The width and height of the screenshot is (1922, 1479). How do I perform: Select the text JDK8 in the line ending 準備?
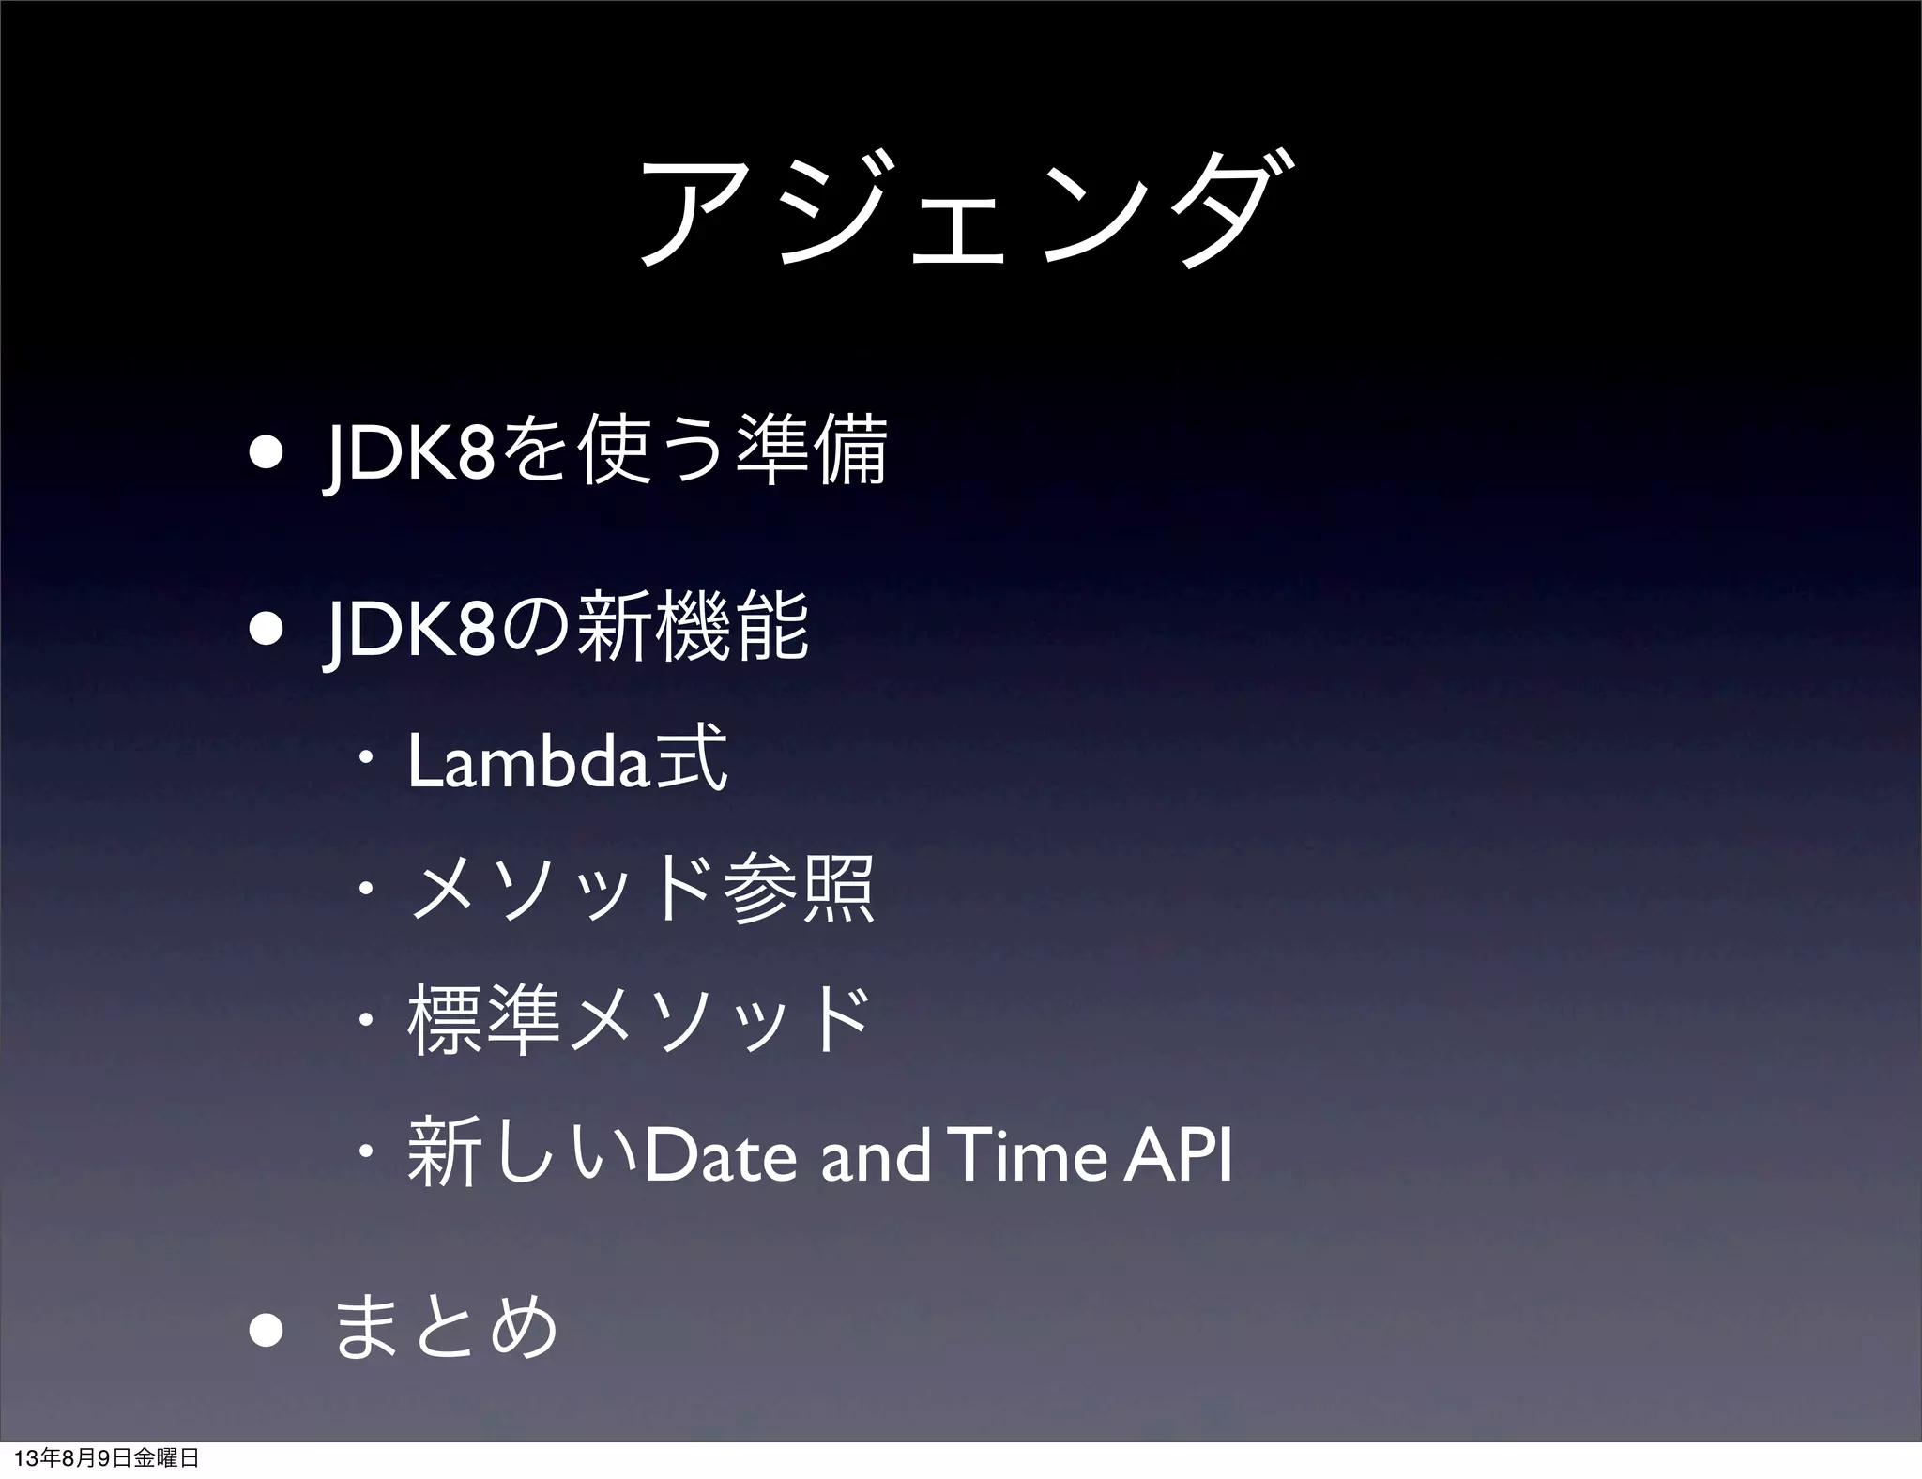(x=407, y=454)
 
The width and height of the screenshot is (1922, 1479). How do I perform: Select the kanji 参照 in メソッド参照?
(x=800, y=889)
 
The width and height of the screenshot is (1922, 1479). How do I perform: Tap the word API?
(x=1179, y=1156)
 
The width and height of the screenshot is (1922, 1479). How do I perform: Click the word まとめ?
(x=447, y=1328)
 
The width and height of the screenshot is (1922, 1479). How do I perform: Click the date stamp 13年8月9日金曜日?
(x=108, y=1458)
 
